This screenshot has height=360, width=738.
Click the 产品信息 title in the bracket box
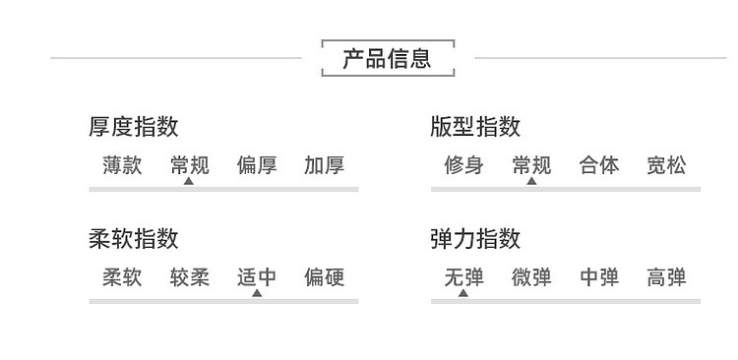(387, 59)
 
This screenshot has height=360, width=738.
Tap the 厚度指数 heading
(134, 127)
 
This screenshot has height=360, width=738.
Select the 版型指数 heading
(475, 127)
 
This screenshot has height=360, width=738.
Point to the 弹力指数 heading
(475, 239)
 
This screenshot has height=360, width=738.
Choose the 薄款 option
(122, 165)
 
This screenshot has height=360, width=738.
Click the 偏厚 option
(257, 165)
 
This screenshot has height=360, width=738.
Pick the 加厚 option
(325, 165)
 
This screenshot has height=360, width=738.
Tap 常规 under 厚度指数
(190, 165)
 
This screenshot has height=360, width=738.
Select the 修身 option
(464, 165)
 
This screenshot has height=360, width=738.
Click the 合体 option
(599, 165)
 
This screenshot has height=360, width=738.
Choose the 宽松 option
(666, 165)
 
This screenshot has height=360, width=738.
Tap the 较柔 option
(190, 277)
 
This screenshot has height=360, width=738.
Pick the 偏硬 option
(325, 277)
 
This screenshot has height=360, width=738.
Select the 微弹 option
(531, 277)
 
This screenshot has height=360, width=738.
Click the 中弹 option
(599, 277)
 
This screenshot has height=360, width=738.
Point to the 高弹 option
(666, 277)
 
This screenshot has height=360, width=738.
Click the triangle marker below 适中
(257, 293)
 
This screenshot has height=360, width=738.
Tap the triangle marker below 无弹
(463, 293)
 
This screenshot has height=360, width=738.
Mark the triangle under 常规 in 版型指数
(531, 181)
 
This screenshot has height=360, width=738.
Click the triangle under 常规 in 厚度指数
(189, 181)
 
